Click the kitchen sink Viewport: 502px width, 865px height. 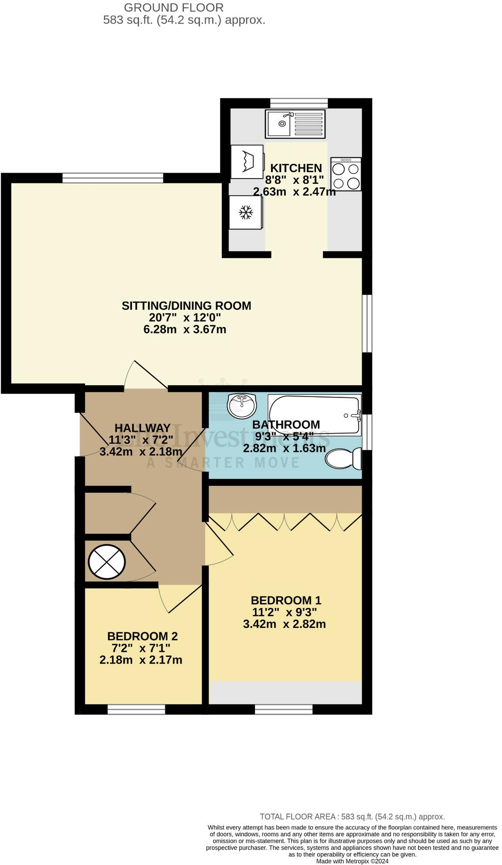click(x=295, y=123)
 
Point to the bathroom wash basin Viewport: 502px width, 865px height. click(x=241, y=405)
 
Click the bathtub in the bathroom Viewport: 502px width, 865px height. click(x=315, y=415)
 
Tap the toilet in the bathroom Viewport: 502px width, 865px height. click(x=344, y=459)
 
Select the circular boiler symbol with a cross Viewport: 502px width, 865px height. click(x=107, y=562)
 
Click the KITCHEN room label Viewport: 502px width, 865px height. click(x=296, y=168)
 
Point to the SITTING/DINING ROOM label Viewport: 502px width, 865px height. click(x=186, y=305)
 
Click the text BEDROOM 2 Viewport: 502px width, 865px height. click(x=142, y=636)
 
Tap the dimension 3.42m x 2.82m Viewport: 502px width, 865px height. click(x=284, y=624)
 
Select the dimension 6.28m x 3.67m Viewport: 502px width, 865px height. click(x=185, y=329)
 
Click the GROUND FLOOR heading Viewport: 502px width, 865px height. click(x=174, y=7)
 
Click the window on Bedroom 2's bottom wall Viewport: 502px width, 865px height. click(x=136, y=710)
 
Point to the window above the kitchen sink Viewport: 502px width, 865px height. click(x=298, y=103)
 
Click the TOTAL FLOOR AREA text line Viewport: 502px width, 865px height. click(x=352, y=817)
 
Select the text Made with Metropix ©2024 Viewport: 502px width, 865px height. click(x=352, y=861)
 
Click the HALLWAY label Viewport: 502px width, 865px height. click(x=142, y=428)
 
